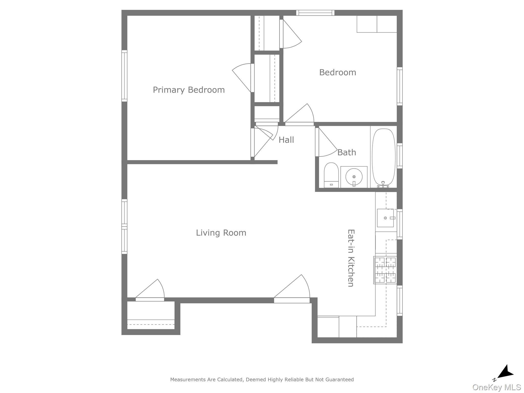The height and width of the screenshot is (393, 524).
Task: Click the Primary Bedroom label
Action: pos(189,90)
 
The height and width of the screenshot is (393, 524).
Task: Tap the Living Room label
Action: pos(221,233)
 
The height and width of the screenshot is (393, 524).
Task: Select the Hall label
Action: pos(286,140)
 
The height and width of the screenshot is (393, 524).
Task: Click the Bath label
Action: pos(347,152)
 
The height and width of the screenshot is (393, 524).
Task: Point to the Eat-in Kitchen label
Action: pos(351,258)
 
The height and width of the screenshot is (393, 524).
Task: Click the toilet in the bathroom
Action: pos(331,176)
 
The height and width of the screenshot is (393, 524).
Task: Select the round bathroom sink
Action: pos(354,177)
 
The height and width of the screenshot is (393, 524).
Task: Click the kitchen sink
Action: pos(385,218)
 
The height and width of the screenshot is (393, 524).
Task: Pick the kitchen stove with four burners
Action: pos(385,270)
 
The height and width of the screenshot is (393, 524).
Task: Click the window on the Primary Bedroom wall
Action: pos(124,76)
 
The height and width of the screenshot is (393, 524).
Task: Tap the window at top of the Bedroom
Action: pos(315,13)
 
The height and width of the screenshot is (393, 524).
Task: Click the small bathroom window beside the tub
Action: pos(399,156)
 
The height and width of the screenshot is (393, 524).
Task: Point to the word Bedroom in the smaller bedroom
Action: pos(337,72)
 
